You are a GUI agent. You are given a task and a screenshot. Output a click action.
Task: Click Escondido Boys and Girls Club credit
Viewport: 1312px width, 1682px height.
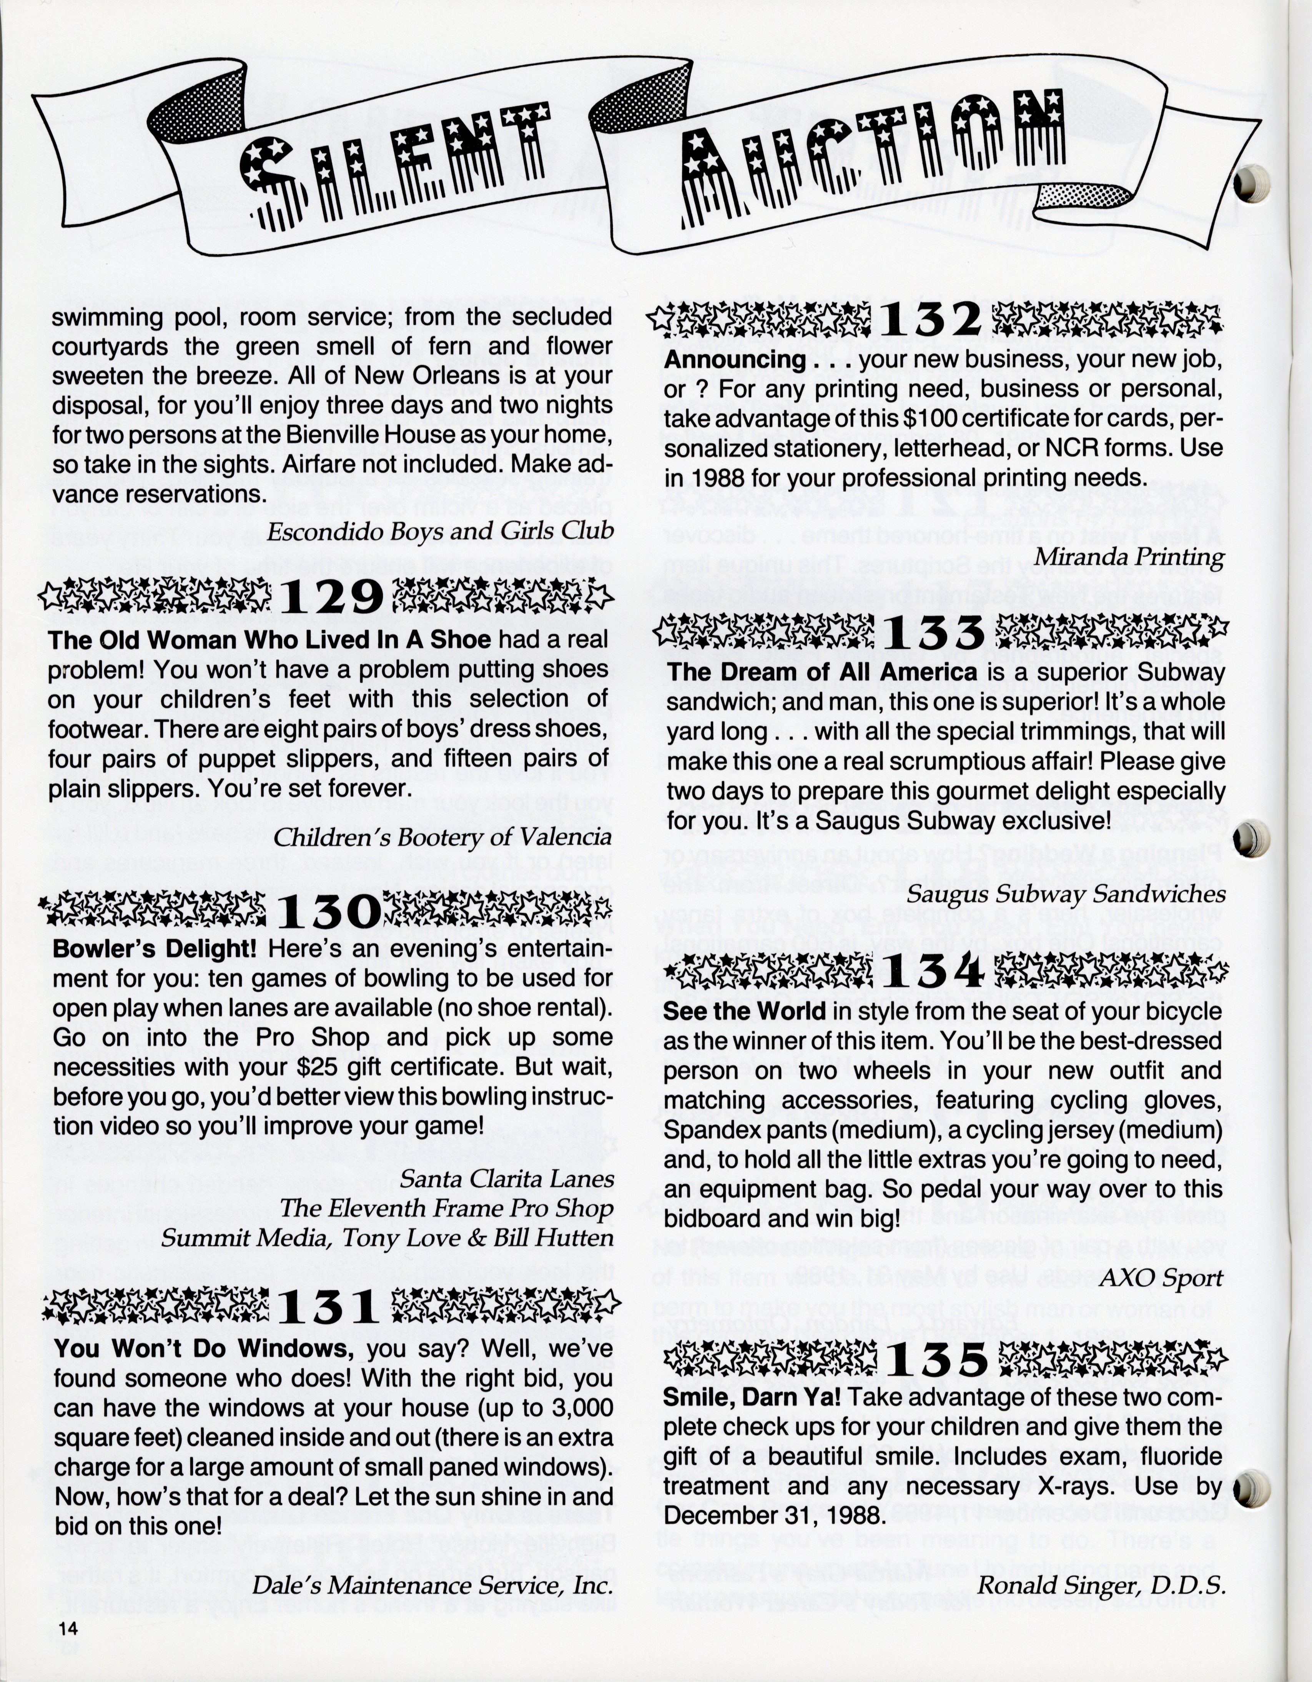[x=441, y=531]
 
